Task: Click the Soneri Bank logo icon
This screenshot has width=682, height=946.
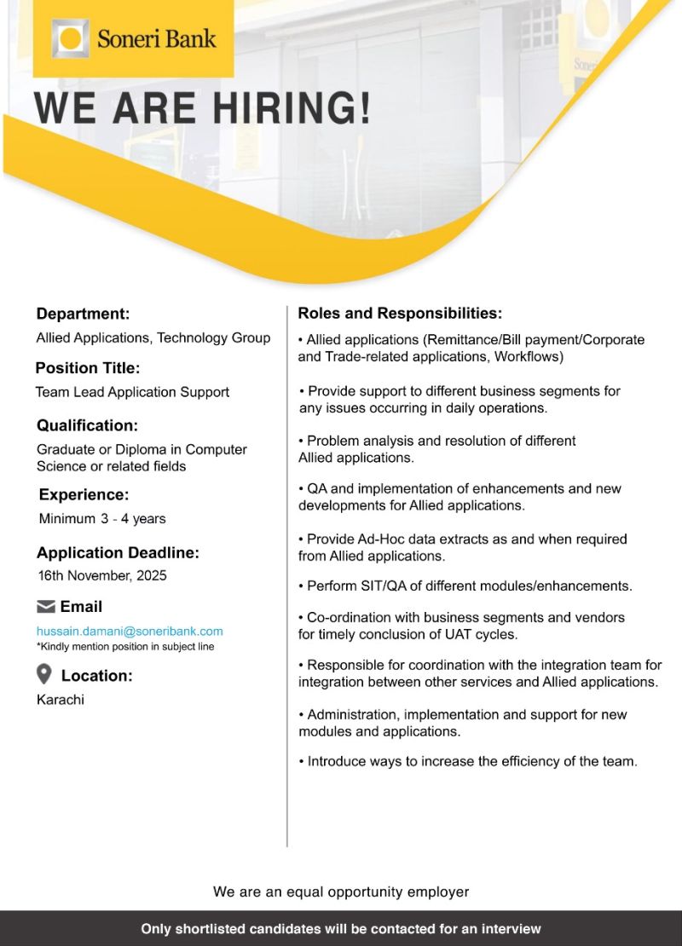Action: [x=71, y=38]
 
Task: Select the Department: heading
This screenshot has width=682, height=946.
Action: [x=83, y=314]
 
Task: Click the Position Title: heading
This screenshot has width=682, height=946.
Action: [x=87, y=368]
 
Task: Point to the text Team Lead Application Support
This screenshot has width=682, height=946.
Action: [x=132, y=392]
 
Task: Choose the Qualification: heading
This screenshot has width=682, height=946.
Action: [x=87, y=425]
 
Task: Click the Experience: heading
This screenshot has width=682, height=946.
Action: [x=84, y=494]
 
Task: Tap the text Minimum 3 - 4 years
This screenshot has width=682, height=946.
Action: [x=102, y=518]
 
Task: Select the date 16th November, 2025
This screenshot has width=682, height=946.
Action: [x=102, y=575]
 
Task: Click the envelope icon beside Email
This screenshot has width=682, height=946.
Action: [x=46, y=607]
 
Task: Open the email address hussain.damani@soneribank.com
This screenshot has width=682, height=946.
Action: [x=130, y=632]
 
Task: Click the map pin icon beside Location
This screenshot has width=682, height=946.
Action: [x=44, y=675]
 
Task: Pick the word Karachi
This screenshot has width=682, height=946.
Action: [x=61, y=700]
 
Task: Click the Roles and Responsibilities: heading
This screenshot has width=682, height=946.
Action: [x=400, y=314]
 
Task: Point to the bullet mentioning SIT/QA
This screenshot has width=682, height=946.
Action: [x=465, y=586]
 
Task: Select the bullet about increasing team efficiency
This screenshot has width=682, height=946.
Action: [x=468, y=761]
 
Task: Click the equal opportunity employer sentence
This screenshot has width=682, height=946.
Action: [x=341, y=891]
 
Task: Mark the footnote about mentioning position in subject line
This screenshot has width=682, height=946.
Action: [x=125, y=647]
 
